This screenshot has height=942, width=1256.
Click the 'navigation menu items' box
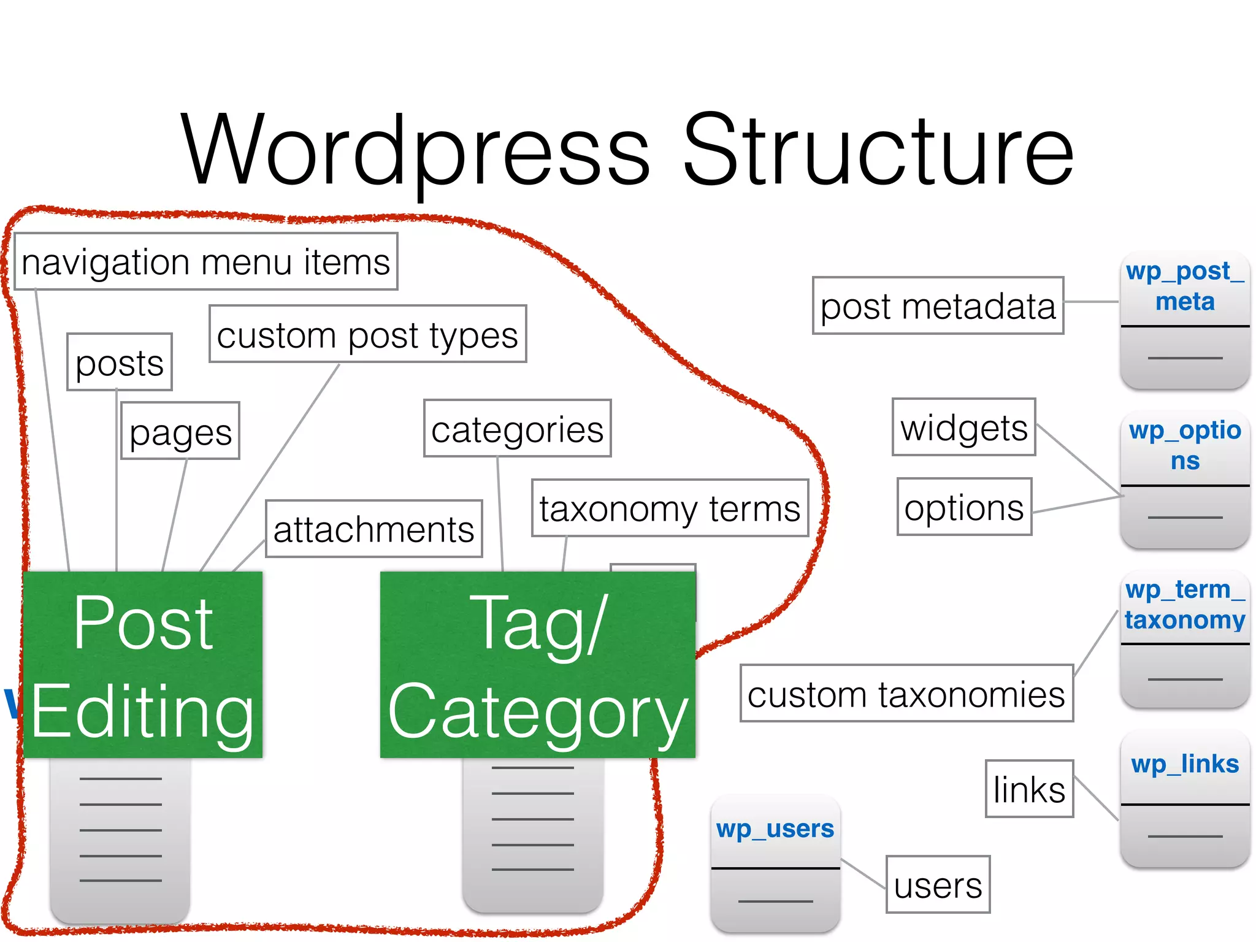tap(205, 262)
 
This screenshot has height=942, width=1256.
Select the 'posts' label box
tap(120, 362)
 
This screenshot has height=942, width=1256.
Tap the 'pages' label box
tap(180, 431)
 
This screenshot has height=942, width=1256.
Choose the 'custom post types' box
tap(367, 334)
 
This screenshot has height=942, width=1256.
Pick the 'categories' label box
tap(517, 429)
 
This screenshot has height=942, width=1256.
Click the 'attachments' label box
tap(373, 529)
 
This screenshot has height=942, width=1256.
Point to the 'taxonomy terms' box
tap(670, 508)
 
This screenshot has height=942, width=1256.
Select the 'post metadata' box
tap(938, 306)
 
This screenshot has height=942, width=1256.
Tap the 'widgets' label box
tap(963, 427)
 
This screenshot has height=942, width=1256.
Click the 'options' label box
tap(964, 507)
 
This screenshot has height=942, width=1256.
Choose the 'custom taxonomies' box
tap(906, 694)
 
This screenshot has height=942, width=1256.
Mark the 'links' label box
tap(1029, 789)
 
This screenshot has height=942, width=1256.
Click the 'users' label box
tap(938, 885)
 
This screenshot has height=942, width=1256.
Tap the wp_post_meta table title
tap(1185, 286)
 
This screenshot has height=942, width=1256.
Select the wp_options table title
tap(1185, 445)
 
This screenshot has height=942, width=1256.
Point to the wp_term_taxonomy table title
tap(1185, 604)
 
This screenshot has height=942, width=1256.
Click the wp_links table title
tap(1185, 764)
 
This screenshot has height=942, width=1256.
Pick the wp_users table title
tap(775, 829)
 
